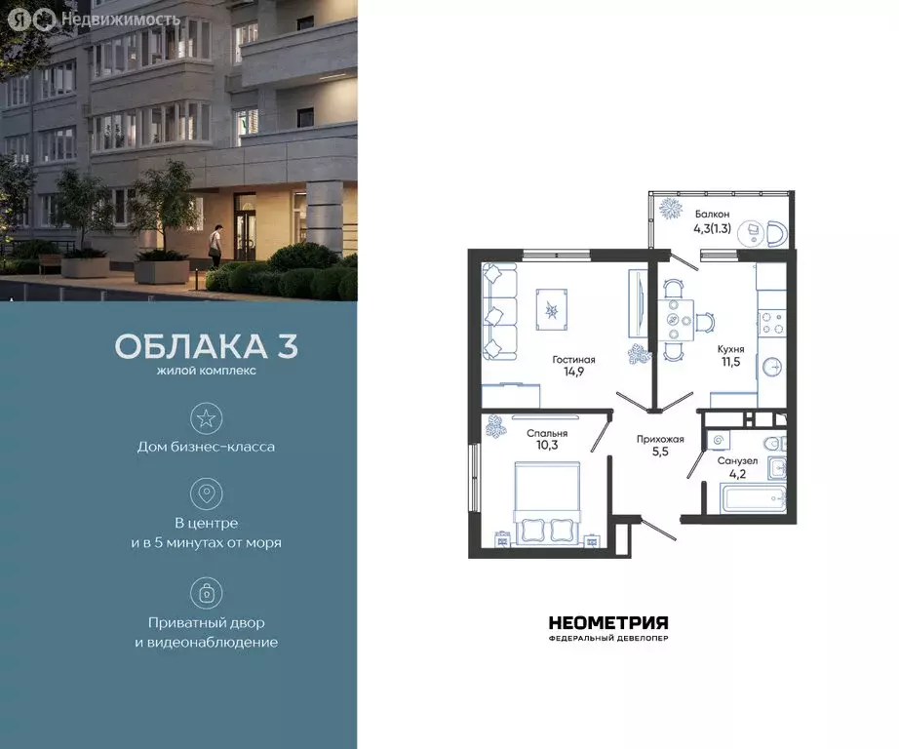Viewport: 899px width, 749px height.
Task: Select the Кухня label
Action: click(731, 346)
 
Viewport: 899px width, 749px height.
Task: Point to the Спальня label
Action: click(547, 432)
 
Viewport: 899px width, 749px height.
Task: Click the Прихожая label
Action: click(660, 439)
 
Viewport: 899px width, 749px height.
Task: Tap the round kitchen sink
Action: click(772, 367)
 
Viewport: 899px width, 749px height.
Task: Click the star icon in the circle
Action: click(206, 418)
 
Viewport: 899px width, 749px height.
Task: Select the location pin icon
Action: click(206, 493)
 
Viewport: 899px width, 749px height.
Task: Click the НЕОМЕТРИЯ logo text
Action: click(608, 623)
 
